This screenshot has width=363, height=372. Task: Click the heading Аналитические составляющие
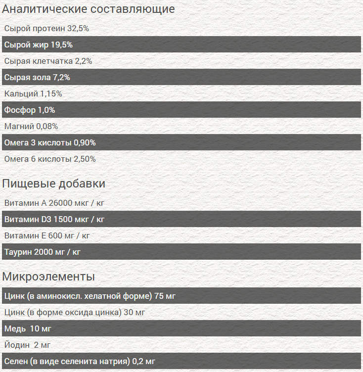pyautogui.click(x=89, y=9)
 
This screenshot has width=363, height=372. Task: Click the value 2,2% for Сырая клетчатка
pyautogui.click(x=84, y=61)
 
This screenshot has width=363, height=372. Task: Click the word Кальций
pyautogui.click(x=20, y=94)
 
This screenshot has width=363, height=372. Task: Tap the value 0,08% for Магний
pyautogui.click(x=47, y=127)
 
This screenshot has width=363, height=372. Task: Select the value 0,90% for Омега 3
pyautogui.click(x=85, y=143)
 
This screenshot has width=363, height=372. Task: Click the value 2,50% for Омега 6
pyautogui.click(x=85, y=159)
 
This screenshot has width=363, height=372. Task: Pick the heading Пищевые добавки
pyautogui.click(x=54, y=184)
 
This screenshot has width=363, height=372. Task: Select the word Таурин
pyautogui.click(x=18, y=252)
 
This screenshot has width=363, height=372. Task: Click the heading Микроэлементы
pyautogui.click(x=48, y=277)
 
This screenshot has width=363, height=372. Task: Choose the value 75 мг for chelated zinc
pyautogui.click(x=165, y=296)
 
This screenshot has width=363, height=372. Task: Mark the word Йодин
pyautogui.click(x=17, y=345)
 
